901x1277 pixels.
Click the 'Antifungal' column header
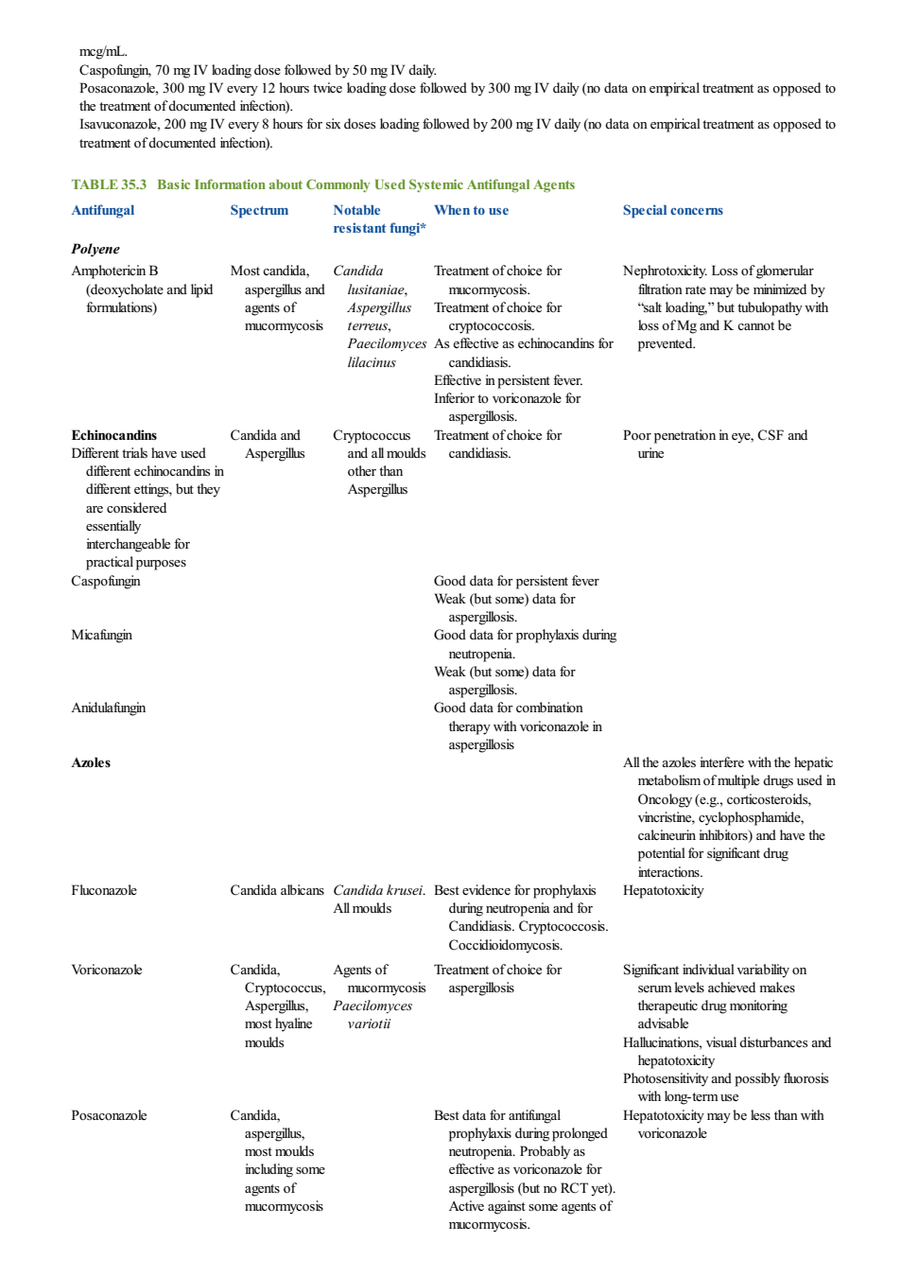click(103, 210)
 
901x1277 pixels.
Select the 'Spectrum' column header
click(259, 210)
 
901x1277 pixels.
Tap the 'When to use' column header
click(472, 210)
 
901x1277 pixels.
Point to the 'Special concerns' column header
click(672, 210)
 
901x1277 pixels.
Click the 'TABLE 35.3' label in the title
click(109, 184)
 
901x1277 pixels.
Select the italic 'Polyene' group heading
click(95, 249)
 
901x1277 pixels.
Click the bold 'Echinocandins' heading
click(114, 435)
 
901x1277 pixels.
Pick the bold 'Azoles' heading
click(91, 762)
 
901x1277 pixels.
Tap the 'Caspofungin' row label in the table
click(106, 581)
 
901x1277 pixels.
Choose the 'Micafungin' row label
click(101, 635)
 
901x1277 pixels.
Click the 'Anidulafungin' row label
click(109, 708)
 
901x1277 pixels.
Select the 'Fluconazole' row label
click(104, 890)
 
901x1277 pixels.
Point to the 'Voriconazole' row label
click(107, 970)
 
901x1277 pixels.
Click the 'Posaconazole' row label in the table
click(109, 1115)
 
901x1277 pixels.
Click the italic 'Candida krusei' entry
click(378, 890)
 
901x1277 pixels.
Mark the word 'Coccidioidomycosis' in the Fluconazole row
click(504, 945)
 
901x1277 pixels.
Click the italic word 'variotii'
click(370, 1023)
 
